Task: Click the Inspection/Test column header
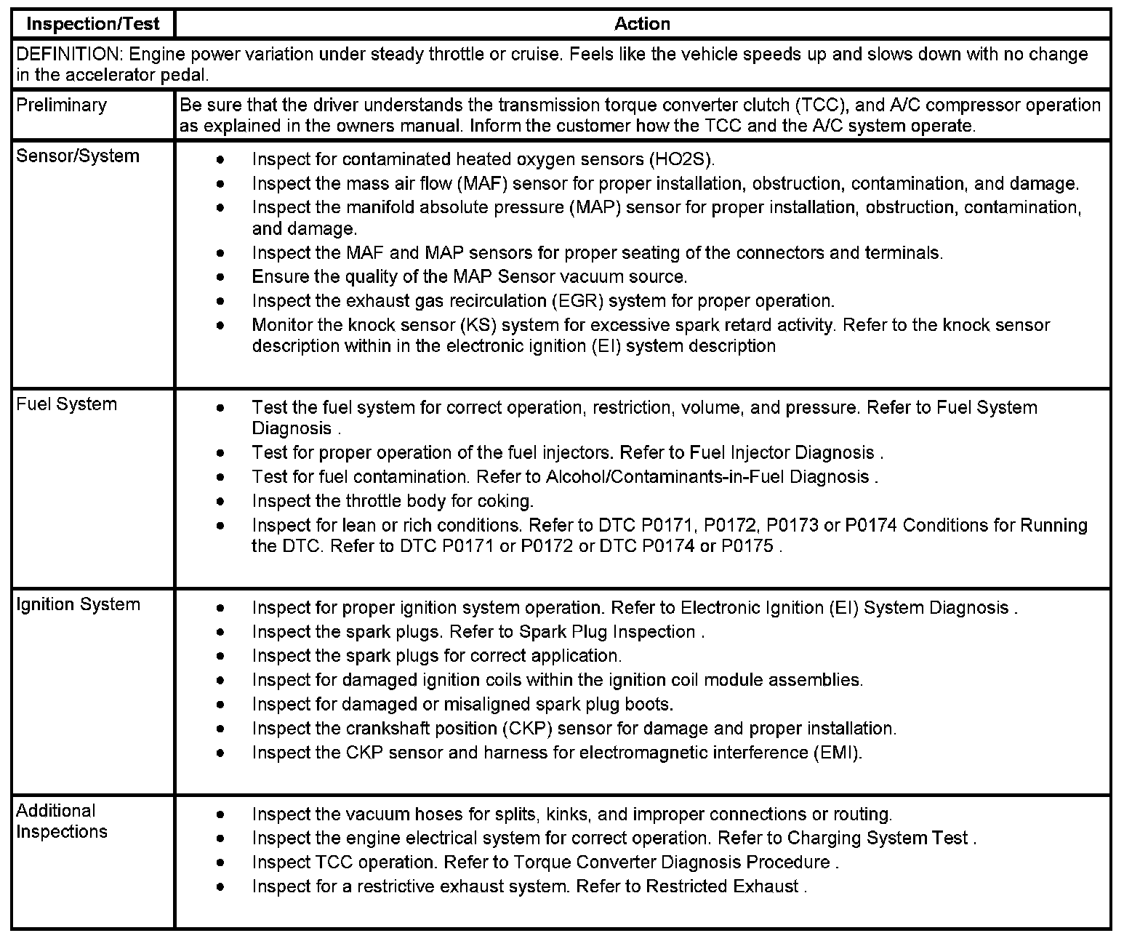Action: [x=92, y=24]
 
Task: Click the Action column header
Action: [x=642, y=24]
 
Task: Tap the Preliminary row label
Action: [x=61, y=105]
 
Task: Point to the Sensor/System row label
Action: [x=77, y=156]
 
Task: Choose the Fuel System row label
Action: [x=66, y=405]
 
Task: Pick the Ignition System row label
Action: [x=78, y=605]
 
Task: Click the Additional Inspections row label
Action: [x=62, y=822]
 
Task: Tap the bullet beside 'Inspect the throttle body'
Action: [x=220, y=502]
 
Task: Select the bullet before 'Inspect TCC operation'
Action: [x=220, y=863]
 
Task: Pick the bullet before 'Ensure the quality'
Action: [x=220, y=278]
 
